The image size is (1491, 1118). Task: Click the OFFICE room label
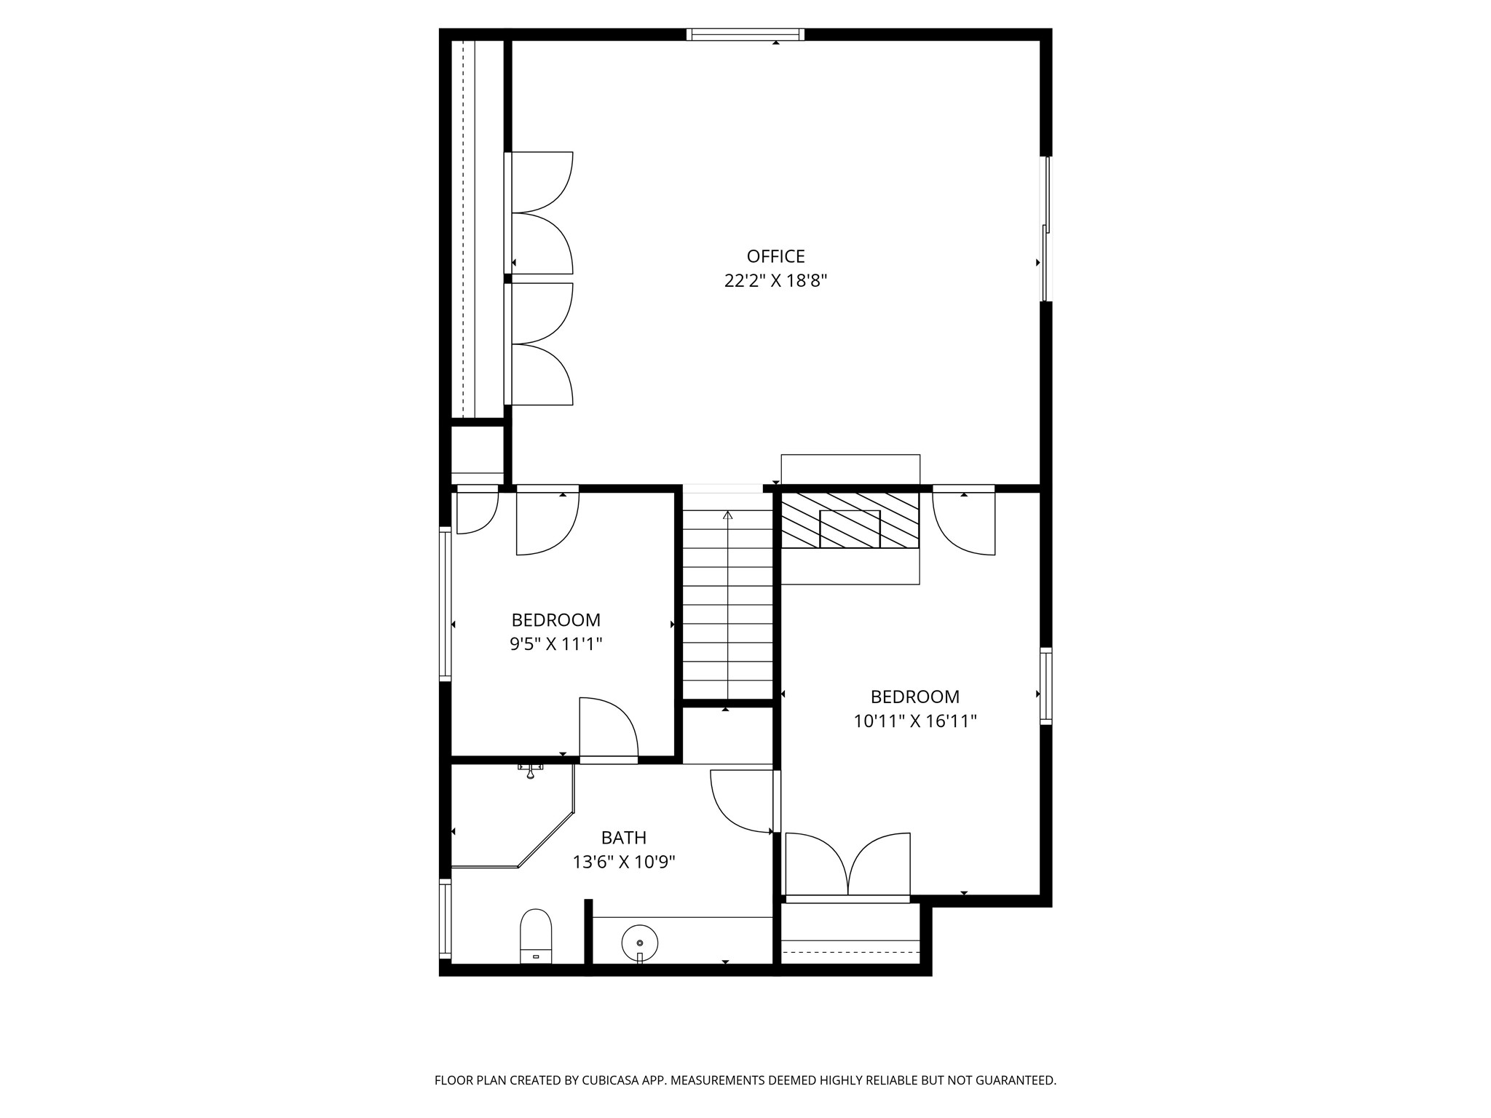[x=775, y=256]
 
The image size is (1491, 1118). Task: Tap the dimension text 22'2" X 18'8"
[x=775, y=281]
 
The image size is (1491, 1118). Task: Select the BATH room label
[x=624, y=838]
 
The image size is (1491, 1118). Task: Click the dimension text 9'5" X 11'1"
[x=556, y=644]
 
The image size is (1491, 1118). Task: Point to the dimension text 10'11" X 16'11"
[x=915, y=721]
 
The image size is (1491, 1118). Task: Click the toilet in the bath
[x=536, y=936]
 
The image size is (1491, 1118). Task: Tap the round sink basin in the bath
[x=640, y=943]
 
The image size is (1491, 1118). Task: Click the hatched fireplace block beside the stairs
[x=850, y=520]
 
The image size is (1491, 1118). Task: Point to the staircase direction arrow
[x=727, y=604]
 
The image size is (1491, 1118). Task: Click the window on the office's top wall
[x=745, y=34]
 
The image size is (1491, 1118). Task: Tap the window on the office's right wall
[x=1046, y=229]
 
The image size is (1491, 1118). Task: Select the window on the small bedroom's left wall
[x=445, y=604]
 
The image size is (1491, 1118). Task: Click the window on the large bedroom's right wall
[x=1046, y=686]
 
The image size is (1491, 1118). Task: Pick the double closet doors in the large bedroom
[x=848, y=866]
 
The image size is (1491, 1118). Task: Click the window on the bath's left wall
[x=445, y=919]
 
